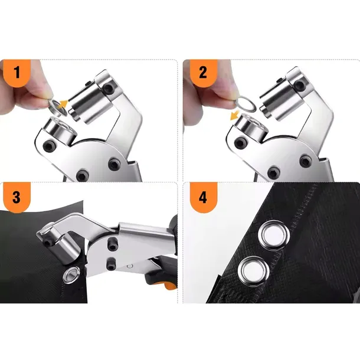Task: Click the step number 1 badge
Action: coord(17,73)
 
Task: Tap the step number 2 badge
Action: coord(203,73)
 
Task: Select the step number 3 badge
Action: coord(17,198)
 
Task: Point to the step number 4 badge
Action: coord(203,198)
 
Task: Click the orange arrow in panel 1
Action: coord(63,104)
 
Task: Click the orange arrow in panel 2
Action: coord(235,115)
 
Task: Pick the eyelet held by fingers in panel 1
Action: coord(57,107)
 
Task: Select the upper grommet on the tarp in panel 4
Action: coord(273,234)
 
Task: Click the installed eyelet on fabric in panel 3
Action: coord(72,274)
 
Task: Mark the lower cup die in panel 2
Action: coord(251,127)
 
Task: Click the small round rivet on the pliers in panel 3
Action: coord(130,266)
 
